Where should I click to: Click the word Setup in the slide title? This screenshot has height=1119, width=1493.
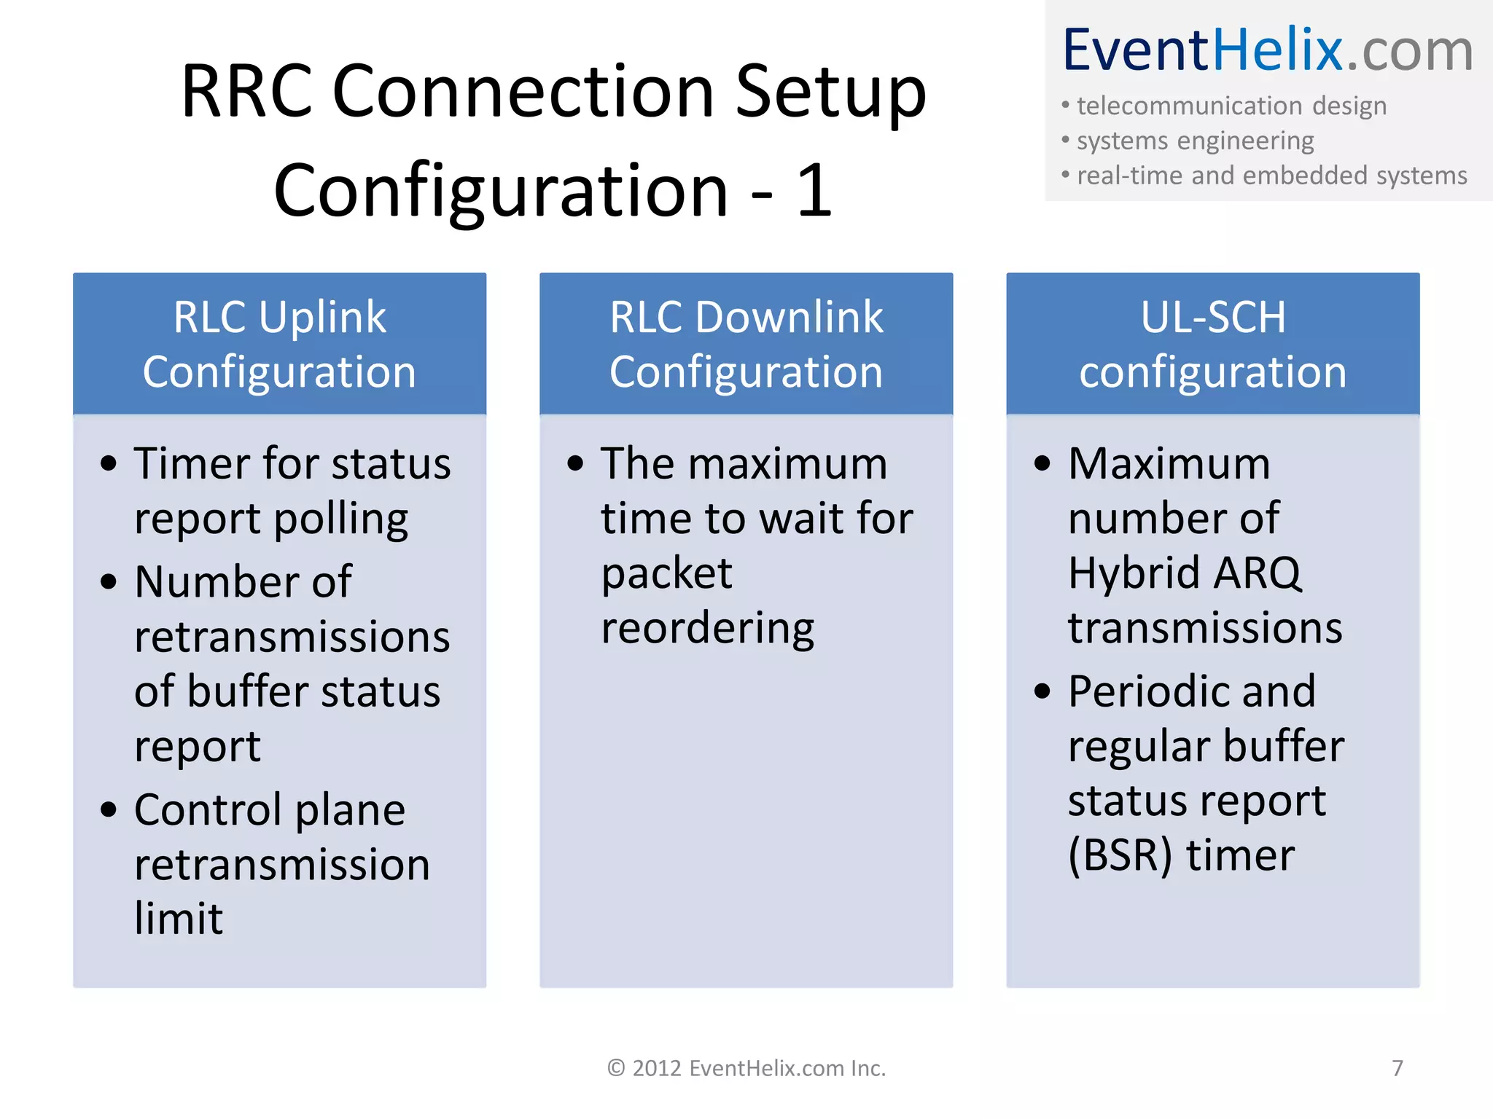830,93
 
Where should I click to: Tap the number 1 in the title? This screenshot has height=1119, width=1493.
814,191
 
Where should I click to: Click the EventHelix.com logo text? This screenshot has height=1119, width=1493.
1268,51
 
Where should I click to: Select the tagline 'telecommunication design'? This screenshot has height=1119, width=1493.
1231,106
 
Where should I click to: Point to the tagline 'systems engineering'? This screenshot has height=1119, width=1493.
1195,141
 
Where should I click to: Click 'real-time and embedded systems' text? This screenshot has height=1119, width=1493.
1271,176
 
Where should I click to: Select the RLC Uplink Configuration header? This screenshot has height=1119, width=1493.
279,344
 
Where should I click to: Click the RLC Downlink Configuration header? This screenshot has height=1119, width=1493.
746,344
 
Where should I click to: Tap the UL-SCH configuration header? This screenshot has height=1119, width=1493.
1212,344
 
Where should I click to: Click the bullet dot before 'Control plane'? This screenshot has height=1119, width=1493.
109,810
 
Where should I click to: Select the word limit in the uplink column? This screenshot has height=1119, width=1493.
179,919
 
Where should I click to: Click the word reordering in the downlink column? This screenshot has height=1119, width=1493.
707,629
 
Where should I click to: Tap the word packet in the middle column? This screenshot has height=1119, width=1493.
666,574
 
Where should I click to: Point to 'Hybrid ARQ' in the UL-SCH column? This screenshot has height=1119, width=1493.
1184,573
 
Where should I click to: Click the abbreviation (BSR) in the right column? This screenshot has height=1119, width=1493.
1120,855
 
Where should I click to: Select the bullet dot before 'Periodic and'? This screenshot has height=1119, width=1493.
1042,691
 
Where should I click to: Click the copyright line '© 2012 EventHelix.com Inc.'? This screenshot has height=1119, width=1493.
746,1068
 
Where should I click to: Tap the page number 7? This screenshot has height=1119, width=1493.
1397,1068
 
